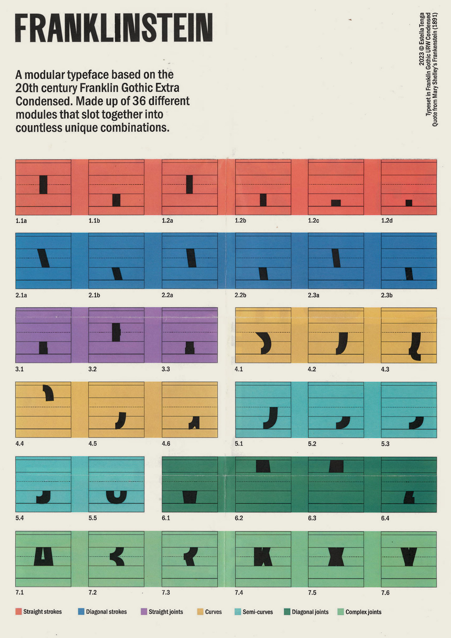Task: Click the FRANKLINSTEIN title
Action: click(x=114, y=28)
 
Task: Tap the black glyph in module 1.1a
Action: click(x=43, y=185)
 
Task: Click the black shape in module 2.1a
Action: click(x=43, y=258)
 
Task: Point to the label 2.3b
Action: click(x=387, y=295)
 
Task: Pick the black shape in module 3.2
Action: click(x=116, y=332)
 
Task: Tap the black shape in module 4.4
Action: click(x=49, y=393)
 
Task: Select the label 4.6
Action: click(x=166, y=444)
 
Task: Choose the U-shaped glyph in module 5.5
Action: click(x=116, y=497)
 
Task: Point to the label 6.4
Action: click(x=385, y=518)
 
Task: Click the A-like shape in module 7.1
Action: click(x=44, y=557)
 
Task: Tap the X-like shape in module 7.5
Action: click(x=336, y=557)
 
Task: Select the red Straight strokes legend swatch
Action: click(x=18, y=612)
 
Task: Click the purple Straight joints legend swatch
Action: click(x=144, y=612)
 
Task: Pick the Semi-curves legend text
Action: click(x=258, y=612)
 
